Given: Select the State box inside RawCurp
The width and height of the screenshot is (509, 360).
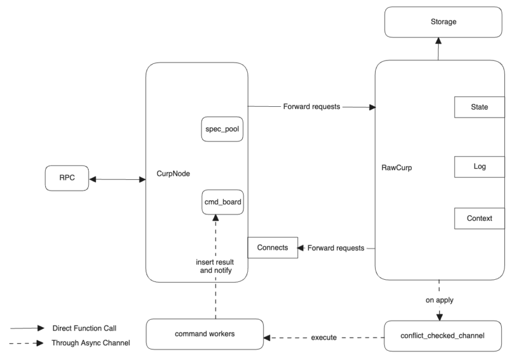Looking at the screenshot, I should tap(478, 106).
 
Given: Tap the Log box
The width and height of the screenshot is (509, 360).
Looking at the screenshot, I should tap(478, 167).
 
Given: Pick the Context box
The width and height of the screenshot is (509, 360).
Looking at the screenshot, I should tap(478, 218).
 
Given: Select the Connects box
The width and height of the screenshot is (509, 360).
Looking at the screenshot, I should tap(273, 248).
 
